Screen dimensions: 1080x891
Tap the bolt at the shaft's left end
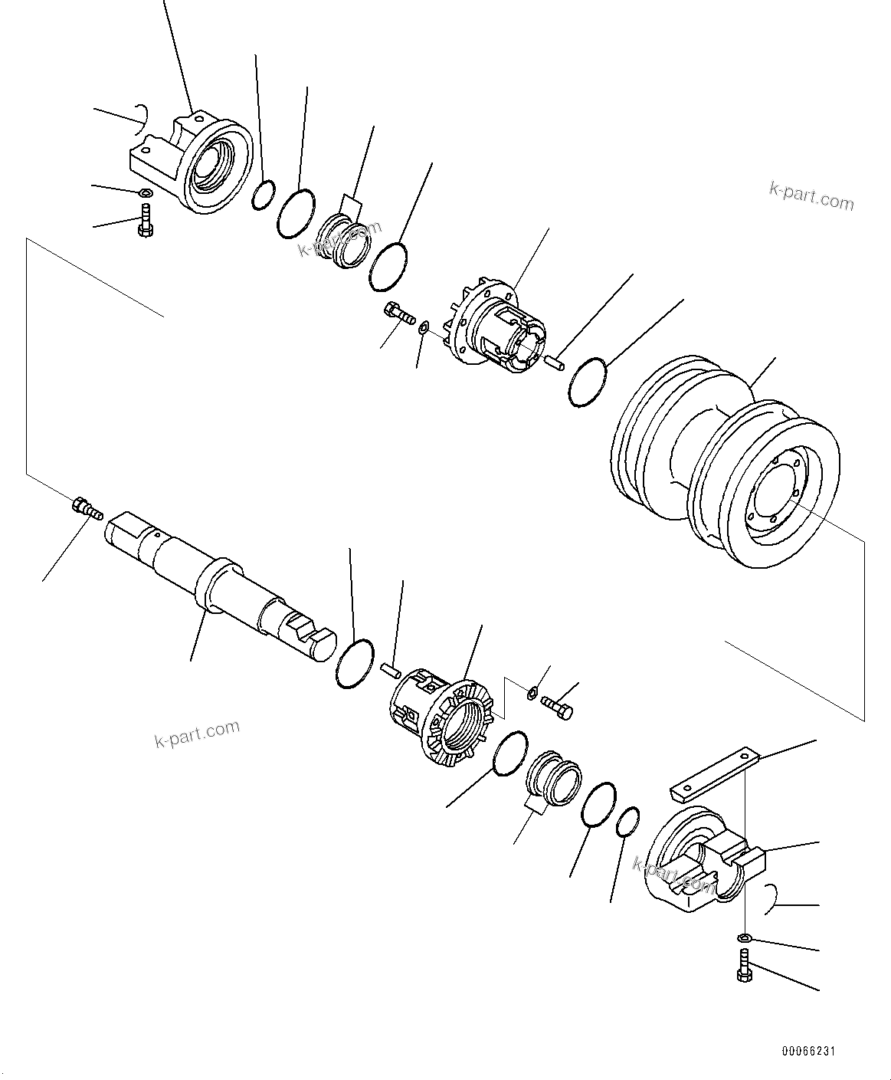87,509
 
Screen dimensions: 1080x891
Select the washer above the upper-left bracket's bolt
144,192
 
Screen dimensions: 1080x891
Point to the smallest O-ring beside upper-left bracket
262,195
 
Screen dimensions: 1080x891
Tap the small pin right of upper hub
555,361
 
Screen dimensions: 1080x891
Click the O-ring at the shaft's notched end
355,663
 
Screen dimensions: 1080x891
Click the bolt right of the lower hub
557,706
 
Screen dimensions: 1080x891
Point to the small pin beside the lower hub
391,670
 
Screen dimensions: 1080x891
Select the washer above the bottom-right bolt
744,937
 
